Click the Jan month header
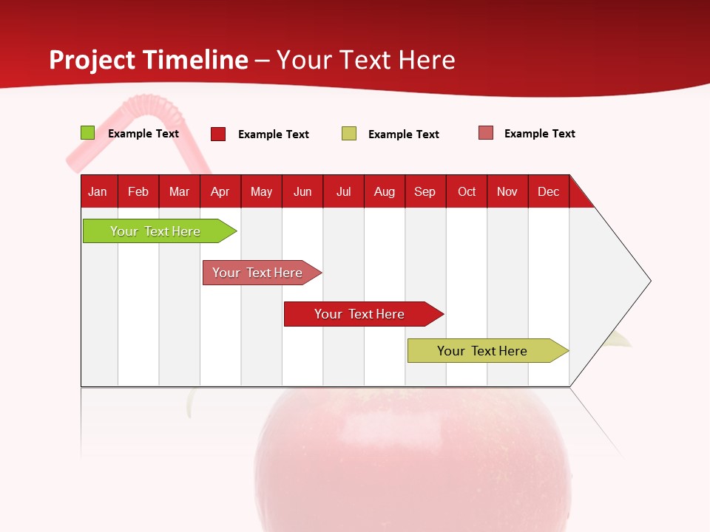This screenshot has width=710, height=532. (x=98, y=191)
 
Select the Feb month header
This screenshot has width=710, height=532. (x=138, y=191)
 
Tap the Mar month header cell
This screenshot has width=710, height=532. (x=179, y=191)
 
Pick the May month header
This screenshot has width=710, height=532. (x=261, y=191)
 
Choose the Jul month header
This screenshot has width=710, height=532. (x=343, y=191)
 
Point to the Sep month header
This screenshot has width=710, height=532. (x=425, y=191)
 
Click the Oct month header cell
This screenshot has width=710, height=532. (x=467, y=191)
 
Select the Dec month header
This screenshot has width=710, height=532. (x=548, y=191)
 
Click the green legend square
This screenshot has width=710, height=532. (x=87, y=133)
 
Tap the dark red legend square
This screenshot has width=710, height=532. (x=218, y=134)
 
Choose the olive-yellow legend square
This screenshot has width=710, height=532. (x=349, y=134)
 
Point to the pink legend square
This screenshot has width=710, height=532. (x=485, y=133)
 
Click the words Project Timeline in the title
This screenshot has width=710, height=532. (x=149, y=60)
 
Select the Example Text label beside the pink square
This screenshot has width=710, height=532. (x=539, y=134)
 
